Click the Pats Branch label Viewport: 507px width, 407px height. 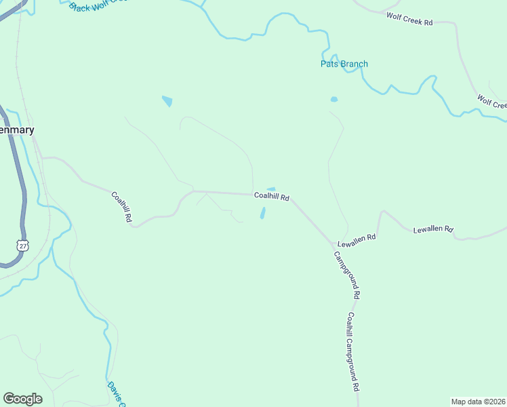coord(344,64)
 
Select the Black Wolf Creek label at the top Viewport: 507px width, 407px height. coord(98,5)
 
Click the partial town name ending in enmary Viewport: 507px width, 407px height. coord(17,130)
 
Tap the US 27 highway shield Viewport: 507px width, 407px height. coord(24,246)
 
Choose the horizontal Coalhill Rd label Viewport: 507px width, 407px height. coord(272,197)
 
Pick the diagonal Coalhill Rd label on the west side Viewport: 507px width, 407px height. coord(121,207)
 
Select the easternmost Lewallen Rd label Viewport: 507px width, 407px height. coord(433,230)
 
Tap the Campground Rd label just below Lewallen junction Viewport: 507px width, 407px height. coord(346,275)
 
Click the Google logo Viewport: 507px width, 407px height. coord(22,398)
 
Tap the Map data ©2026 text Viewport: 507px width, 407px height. coord(478,401)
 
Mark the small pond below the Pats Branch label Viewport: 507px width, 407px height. coord(333,100)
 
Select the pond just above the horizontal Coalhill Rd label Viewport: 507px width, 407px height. coord(271,189)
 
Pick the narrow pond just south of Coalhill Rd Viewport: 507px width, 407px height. coord(262,213)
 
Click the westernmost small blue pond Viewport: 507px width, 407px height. coord(167,101)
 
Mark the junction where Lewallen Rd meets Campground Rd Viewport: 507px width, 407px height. coord(334,246)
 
